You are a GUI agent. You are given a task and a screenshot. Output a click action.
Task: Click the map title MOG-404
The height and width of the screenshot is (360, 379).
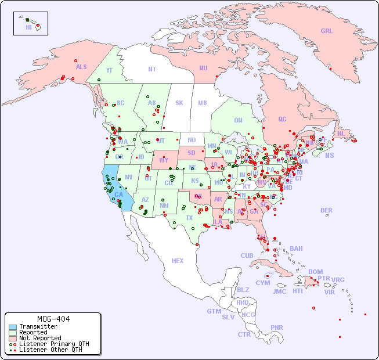53,319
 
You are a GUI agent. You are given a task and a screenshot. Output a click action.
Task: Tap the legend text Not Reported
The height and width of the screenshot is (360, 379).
40,339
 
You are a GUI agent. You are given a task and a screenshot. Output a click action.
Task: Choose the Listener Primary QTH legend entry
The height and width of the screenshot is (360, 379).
54,344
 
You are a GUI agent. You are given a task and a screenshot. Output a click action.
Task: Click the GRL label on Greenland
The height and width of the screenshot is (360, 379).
327,31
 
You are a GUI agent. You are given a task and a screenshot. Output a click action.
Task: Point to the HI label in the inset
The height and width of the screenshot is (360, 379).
28,27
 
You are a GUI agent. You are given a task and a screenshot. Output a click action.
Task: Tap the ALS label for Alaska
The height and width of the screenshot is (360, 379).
81,67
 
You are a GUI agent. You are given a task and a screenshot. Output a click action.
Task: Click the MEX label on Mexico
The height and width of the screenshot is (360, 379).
177,261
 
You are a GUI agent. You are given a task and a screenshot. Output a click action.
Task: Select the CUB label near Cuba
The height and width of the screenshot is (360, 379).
247,255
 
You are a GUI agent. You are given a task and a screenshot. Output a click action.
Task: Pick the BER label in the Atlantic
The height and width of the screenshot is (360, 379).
326,210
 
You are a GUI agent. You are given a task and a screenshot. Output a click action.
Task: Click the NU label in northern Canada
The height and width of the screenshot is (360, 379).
203,68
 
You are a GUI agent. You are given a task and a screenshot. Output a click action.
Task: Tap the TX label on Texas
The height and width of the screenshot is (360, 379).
189,218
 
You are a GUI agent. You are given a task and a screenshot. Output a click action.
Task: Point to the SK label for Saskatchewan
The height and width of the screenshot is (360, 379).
179,103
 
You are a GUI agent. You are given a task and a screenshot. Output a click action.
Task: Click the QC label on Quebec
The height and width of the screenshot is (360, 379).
282,120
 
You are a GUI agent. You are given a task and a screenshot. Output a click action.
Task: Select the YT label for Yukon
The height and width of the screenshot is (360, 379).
109,70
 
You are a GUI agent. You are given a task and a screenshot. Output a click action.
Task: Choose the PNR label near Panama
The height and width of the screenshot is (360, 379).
277,327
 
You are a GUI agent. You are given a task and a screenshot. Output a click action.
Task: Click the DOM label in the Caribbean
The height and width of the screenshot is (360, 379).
315,272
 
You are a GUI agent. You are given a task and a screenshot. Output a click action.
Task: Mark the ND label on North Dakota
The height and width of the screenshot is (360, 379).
192,140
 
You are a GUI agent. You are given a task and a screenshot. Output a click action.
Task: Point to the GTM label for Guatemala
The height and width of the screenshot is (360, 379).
214,311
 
